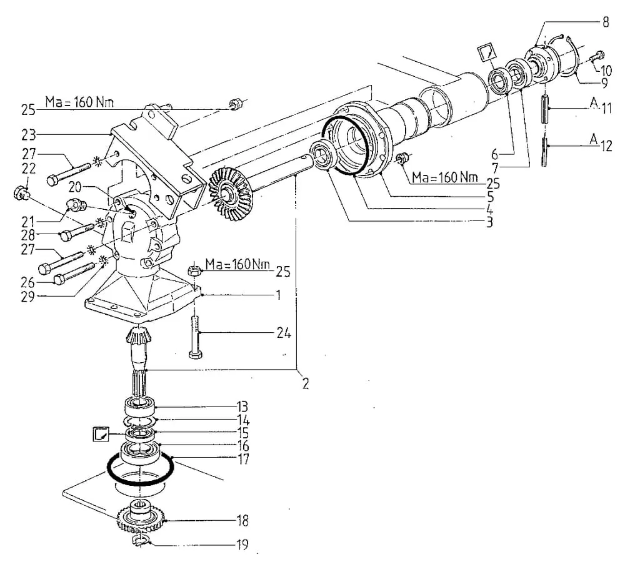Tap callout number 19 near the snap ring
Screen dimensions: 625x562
click(242, 544)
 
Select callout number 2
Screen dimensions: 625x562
click(306, 383)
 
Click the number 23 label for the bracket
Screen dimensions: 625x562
click(28, 135)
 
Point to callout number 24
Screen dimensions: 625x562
click(284, 333)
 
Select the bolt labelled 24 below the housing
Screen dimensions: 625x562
click(195, 337)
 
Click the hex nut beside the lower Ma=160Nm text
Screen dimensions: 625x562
click(194, 271)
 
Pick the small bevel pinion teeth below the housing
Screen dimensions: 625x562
click(138, 335)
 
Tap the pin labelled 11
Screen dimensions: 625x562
click(545, 109)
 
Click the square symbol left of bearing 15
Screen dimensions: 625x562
click(101, 434)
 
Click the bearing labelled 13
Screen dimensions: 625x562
click(139, 407)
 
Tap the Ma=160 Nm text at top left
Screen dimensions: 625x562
click(79, 102)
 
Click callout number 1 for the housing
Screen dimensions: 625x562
click(278, 295)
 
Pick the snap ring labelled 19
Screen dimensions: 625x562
click(139, 541)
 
